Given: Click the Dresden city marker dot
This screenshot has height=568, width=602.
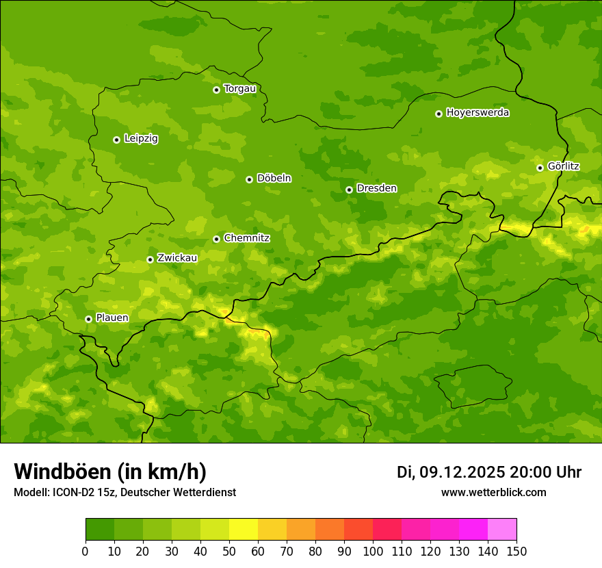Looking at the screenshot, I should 349,190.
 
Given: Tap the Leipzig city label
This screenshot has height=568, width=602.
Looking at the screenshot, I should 141,139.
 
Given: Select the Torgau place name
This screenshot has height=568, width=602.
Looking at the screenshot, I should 239,89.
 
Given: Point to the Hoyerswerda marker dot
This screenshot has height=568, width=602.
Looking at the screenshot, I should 439,114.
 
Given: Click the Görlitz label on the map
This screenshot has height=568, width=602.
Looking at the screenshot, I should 563,166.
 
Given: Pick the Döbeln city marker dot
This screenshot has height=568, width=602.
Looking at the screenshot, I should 249,179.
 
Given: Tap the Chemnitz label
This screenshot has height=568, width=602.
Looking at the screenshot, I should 246,238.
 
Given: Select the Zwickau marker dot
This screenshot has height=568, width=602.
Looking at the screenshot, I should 150,259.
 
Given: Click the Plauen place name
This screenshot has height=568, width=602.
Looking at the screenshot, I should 112,318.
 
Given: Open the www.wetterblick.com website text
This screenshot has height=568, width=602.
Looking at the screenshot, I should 493,492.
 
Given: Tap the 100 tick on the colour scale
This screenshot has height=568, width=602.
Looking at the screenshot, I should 373,551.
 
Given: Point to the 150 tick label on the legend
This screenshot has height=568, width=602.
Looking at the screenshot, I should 516,551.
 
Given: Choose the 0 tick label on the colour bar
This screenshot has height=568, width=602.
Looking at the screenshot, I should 86,551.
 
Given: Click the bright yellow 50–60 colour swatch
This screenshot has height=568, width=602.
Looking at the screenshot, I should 244,530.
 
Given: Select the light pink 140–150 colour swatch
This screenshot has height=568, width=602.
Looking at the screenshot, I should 502,530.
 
